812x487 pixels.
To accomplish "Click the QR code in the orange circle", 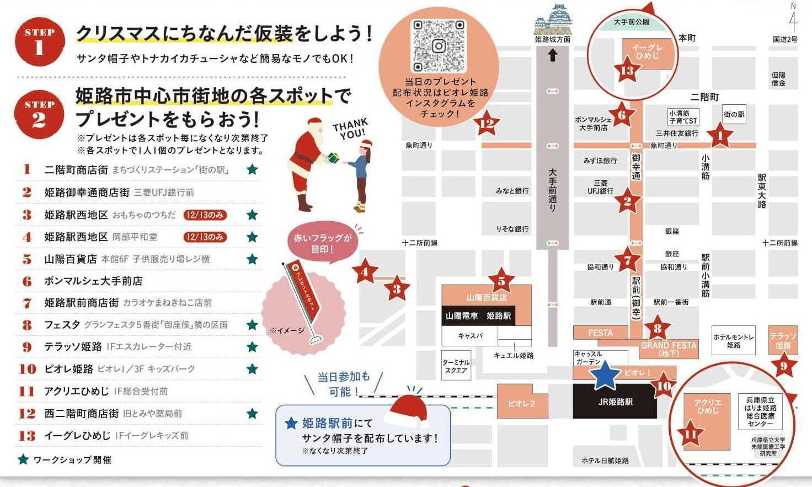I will coord(439,46).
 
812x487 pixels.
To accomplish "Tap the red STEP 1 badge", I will coord(40,41).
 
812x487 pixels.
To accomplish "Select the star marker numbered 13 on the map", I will coord(627,70).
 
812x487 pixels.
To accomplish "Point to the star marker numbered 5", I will coord(501,281).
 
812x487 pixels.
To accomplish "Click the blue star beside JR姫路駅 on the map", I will coord(605,376).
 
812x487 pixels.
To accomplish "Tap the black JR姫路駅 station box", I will coord(615,402).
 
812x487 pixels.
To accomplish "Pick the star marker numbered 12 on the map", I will coord(486,123).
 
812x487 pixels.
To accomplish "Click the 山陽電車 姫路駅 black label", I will coord(478,316).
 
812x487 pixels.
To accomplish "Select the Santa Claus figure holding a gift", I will coord(309,163).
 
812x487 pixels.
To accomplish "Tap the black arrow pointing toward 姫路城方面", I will coord(552,55).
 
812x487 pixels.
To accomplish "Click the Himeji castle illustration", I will coord(552,20).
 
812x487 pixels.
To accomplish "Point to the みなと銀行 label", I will coord(512,191).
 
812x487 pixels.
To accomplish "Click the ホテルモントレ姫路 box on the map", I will coord(733,341).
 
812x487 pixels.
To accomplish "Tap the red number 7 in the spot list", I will coord(27,303).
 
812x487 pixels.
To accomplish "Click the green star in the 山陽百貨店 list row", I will coord(252,259).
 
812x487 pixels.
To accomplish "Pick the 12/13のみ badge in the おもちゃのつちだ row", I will coord(205,215).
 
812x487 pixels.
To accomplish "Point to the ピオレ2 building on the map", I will coord(522,403).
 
